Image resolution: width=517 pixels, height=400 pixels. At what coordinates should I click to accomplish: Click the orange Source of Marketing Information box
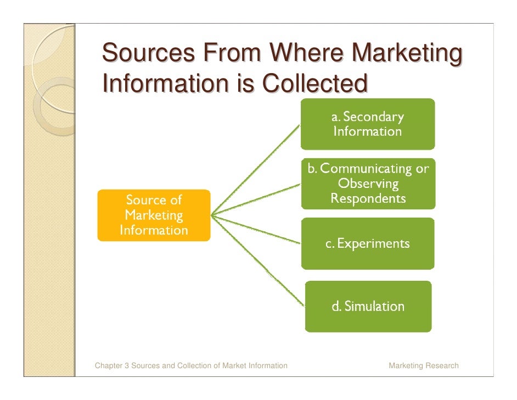154,215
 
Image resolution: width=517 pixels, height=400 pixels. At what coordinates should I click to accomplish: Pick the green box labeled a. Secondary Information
367,124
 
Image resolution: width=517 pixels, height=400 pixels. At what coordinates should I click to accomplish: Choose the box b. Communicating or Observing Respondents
368,184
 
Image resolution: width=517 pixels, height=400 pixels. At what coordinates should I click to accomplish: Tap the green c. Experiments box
368,243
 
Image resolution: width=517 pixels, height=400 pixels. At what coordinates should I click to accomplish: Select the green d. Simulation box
368,306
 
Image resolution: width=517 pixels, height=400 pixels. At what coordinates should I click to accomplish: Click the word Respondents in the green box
368,198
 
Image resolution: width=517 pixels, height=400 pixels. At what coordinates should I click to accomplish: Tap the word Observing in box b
368,184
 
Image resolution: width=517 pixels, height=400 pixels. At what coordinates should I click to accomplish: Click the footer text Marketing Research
423,365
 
